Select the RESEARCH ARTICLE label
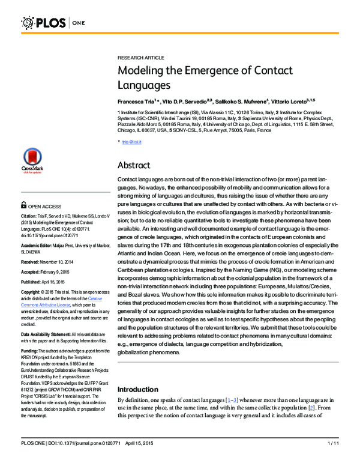coord(140,57)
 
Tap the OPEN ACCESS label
coord(45,205)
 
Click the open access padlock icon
coord(23,205)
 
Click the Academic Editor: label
coord(40,246)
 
